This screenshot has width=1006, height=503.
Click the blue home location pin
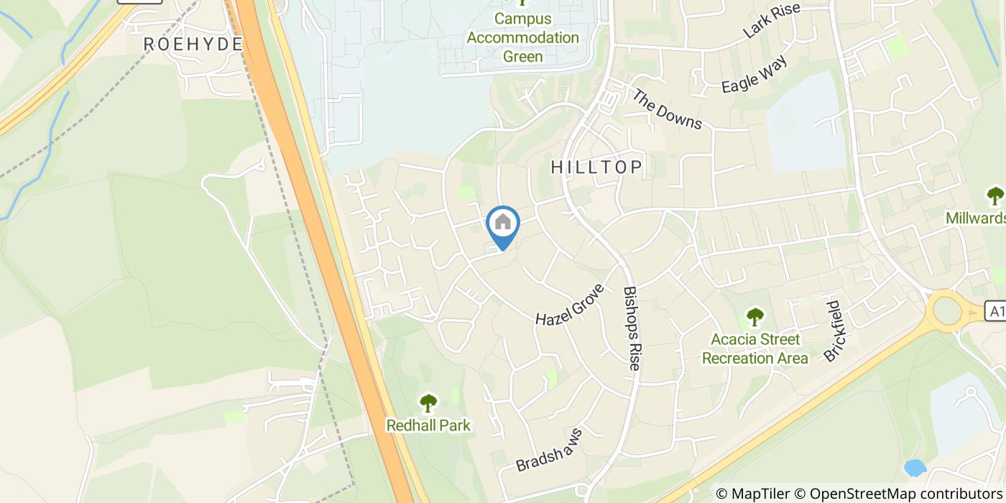tap(503, 225)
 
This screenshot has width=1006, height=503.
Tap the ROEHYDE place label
tap(193, 44)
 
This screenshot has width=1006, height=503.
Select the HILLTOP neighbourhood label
tap(596, 167)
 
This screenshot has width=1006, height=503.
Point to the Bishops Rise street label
tap(631, 328)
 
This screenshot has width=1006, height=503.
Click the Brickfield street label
tap(837, 331)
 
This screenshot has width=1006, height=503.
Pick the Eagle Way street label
tap(754, 73)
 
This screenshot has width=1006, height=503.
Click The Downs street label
tap(667, 109)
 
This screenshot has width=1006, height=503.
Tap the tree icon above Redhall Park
tap(428, 403)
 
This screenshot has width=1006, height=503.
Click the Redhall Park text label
tap(428, 425)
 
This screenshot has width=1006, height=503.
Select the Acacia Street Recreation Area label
tap(754, 349)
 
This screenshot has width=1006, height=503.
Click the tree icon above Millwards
tap(995, 195)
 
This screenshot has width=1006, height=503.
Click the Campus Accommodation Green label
tap(522, 37)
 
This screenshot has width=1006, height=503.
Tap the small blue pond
tap(914, 468)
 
